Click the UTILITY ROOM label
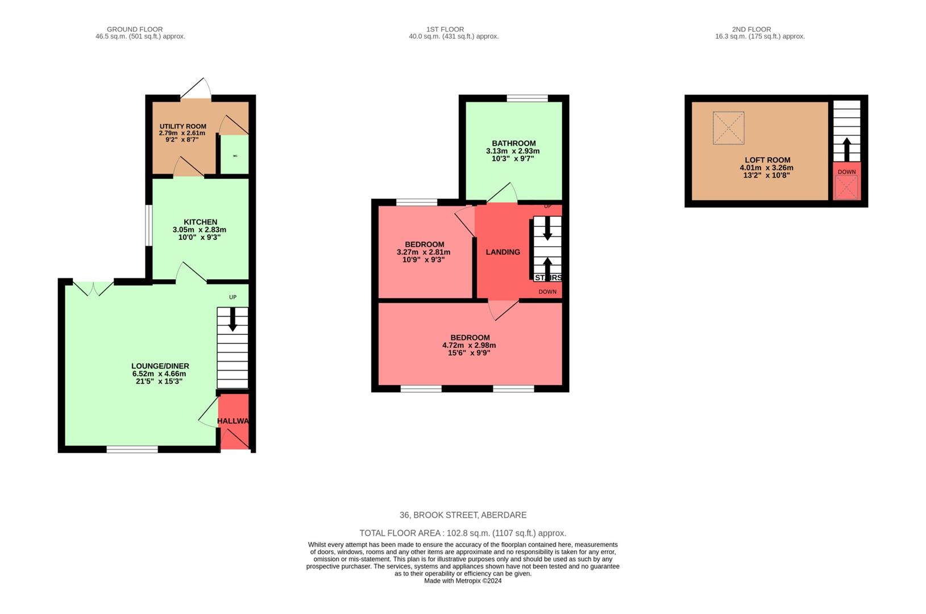click(x=182, y=126)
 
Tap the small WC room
click(x=234, y=155)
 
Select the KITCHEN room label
click(x=200, y=222)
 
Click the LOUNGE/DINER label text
click(x=160, y=366)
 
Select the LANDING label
click(x=503, y=252)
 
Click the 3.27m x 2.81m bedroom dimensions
click(x=423, y=252)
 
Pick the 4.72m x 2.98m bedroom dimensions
click(x=469, y=345)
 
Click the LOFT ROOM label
click(x=767, y=160)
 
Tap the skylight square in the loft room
click(x=728, y=128)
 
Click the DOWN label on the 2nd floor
click(x=846, y=172)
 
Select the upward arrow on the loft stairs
click(x=846, y=149)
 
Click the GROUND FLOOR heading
click(x=135, y=30)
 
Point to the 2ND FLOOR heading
click(x=751, y=30)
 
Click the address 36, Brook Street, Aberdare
click(x=463, y=515)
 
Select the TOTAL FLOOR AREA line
click(x=463, y=533)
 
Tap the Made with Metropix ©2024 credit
click(x=463, y=580)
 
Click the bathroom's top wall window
click(x=527, y=98)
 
